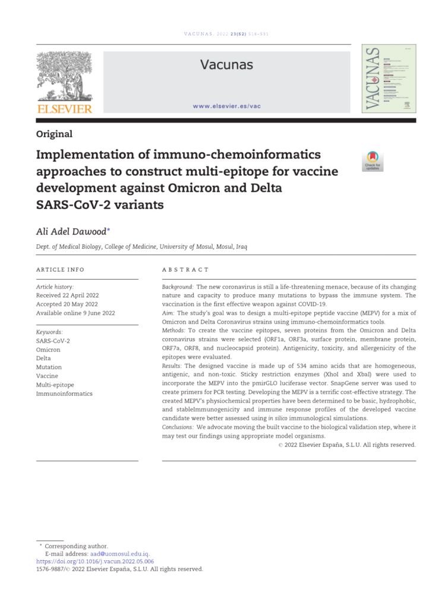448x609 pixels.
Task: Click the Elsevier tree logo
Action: pyautogui.click(x=65, y=82)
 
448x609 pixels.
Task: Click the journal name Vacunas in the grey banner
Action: pyautogui.click(x=226, y=65)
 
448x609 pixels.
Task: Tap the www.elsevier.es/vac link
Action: pyautogui.click(x=227, y=106)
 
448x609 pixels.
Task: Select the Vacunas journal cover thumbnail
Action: pyautogui.click(x=389, y=79)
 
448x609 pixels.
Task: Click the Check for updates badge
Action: pyautogui.click(x=373, y=161)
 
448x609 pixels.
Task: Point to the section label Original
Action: pyautogui.click(x=54, y=134)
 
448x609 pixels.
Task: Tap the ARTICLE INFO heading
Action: pyautogui.click(x=60, y=269)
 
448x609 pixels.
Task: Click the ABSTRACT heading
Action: pyautogui.click(x=185, y=269)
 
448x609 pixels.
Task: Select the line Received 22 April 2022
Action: pyautogui.click(x=67, y=295)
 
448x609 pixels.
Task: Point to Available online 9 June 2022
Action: pyautogui.click(x=75, y=313)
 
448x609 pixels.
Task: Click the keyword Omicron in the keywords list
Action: pyautogui.click(x=48, y=350)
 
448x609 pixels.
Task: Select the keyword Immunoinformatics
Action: pyautogui.click(x=64, y=394)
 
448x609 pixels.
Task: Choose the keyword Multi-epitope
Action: pyautogui.click(x=55, y=385)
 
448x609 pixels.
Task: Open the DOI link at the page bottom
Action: pyautogui.click(x=95, y=561)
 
